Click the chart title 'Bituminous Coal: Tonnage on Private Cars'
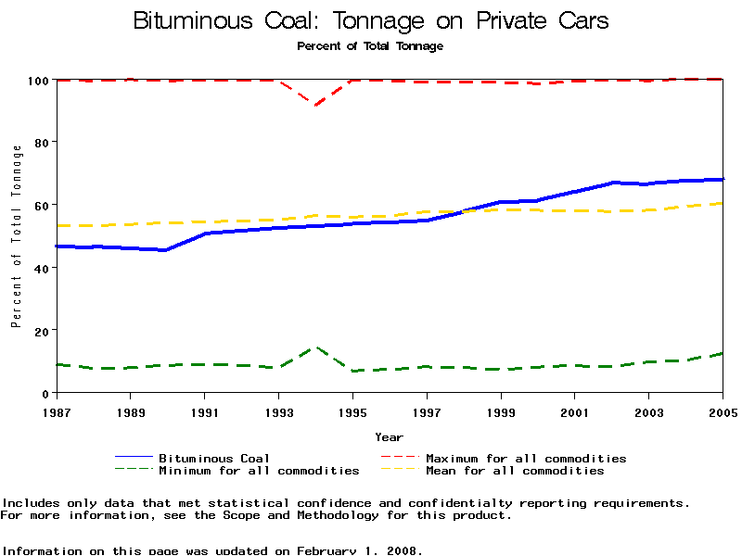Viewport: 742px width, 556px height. [x=371, y=20]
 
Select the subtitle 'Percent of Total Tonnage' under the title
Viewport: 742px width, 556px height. [x=370, y=45]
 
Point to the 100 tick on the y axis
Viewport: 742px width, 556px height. [x=37, y=80]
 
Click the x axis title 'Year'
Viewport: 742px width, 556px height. [x=389, y=436]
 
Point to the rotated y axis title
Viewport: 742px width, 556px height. [x=16, y=235]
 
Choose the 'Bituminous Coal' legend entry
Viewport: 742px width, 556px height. [x=214, y=458]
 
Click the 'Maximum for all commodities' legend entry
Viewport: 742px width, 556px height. [x=526, y=458]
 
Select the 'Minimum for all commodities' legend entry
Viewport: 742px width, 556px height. [x=259, y=471]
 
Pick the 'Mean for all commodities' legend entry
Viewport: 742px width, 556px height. [x=515, y=471]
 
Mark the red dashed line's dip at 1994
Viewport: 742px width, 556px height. [x=315, y=106]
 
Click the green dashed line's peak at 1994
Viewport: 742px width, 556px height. [x=315, y=347]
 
